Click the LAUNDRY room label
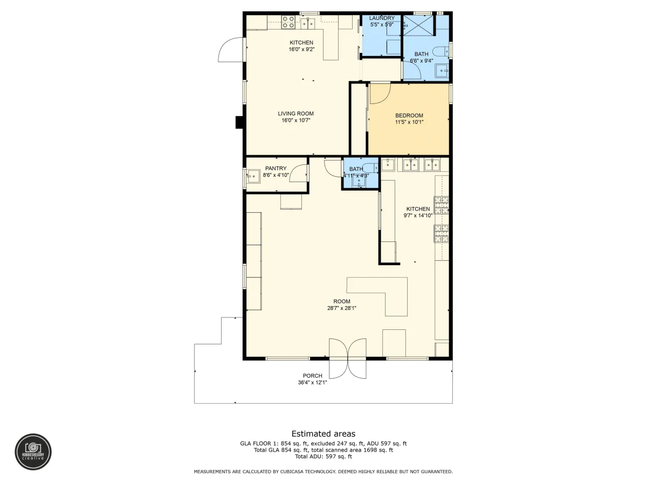coord(382,18)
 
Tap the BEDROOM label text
coord(409,115)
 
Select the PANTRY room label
coord(276,168)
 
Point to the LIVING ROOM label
coord(295,113)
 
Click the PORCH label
coord(312,376)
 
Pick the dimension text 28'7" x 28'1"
coord(342,308)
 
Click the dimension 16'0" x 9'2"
coord(301,49)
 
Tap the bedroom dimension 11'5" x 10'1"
coord(409,122)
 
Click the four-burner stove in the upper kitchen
coord(288,23)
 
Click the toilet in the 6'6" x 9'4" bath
coord(440,52)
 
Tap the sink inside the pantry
coord(253,176)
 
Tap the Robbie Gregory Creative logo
coord(33,452)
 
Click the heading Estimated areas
coord(323,433)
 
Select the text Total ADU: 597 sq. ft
coord(323,456)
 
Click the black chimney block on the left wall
coord(239,122)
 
